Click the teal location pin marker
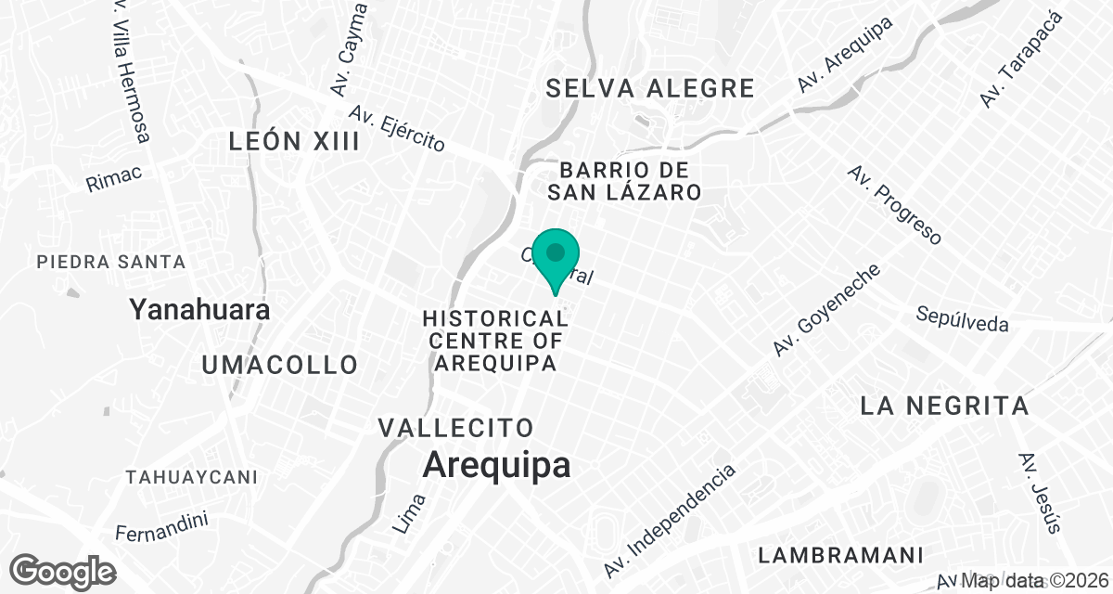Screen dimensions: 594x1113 point(556,256)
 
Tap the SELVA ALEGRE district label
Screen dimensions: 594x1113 point(649,89)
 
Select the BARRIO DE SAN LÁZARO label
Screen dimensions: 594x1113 point(622,182)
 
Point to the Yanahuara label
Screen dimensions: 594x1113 point(200,309)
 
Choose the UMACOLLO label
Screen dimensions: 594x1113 point(280,365)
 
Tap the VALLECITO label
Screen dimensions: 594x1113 point(456,428)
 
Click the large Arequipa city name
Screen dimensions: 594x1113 point(496,465)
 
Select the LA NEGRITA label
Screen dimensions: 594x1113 point(944,406)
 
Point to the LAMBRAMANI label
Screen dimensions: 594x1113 point(840,556)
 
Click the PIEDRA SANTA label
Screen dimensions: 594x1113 point(111,263)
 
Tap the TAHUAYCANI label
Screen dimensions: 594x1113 point(191,477)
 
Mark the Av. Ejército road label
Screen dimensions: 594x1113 point(397,129)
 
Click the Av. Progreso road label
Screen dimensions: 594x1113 point(894,205)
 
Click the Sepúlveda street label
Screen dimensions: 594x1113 point(962,318)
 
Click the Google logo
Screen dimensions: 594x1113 point(63,570)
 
